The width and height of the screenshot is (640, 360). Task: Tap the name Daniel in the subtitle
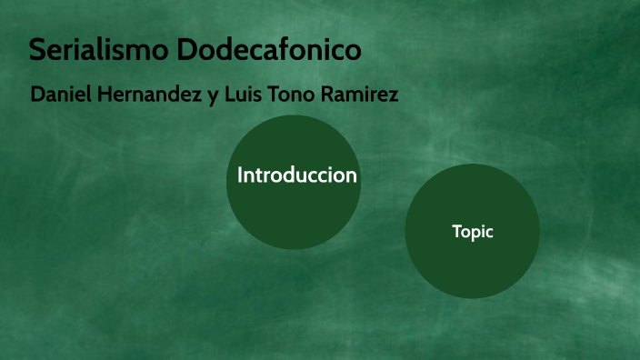pos(58,95)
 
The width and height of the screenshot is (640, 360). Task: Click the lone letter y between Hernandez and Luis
pos(213,96)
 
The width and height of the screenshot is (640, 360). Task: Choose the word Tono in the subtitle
pos(296,95)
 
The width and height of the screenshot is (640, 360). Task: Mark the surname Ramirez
pos(363,95)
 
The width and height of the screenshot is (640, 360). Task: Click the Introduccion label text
pos(296,175)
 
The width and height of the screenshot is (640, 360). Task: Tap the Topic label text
pos(473,232)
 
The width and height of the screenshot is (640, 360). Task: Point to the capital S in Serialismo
pos(38,49)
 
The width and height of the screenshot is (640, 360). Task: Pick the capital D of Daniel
pos(37,95)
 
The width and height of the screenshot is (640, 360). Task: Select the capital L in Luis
pos(229,95)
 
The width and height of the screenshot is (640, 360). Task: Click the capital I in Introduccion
pos(240,175)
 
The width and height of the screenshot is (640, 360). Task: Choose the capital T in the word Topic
pos(456,232)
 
